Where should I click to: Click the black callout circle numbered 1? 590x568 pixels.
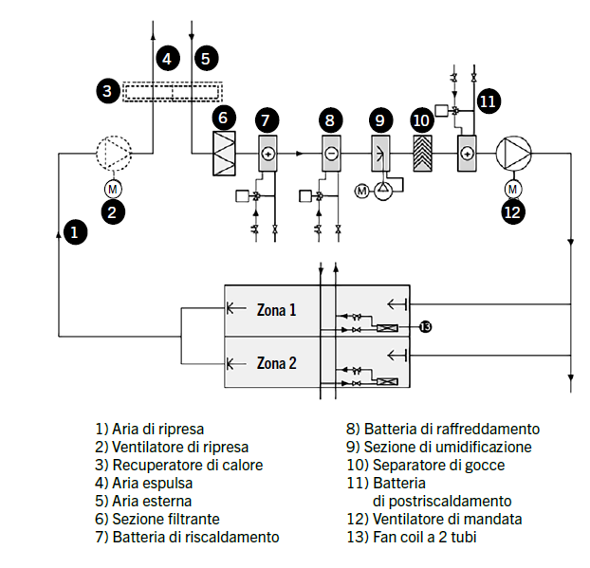76,229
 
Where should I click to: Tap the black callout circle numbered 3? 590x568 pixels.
108,92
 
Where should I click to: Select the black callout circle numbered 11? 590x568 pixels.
488,101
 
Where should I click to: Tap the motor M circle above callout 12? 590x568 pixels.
513,186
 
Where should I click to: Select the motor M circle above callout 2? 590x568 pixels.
112,188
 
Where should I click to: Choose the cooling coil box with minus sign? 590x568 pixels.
330,153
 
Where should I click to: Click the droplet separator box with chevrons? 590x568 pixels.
422,153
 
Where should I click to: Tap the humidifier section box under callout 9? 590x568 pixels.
379,153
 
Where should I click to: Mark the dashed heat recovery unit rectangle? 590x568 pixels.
173,92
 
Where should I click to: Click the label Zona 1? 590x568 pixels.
276,309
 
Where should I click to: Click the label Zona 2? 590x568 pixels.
276,362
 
